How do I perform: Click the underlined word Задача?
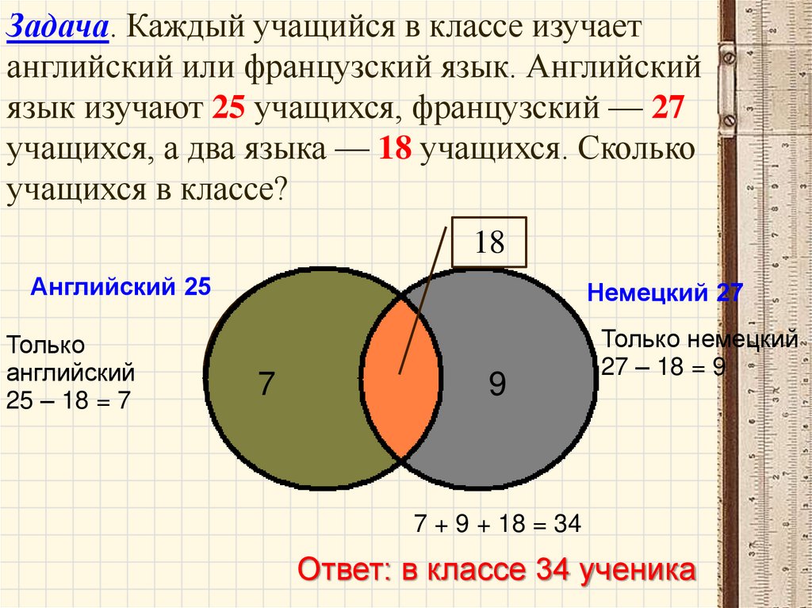coord(56,29)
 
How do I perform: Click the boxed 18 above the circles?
coord(489,242)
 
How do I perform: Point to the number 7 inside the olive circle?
coord(266,384)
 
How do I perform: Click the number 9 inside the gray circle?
coord(496,384)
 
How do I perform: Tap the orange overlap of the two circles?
coord(400,380)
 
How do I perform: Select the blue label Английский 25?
coord(121,286)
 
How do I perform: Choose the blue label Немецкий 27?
coord(665,293)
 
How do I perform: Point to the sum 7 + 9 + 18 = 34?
coord(498,523)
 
